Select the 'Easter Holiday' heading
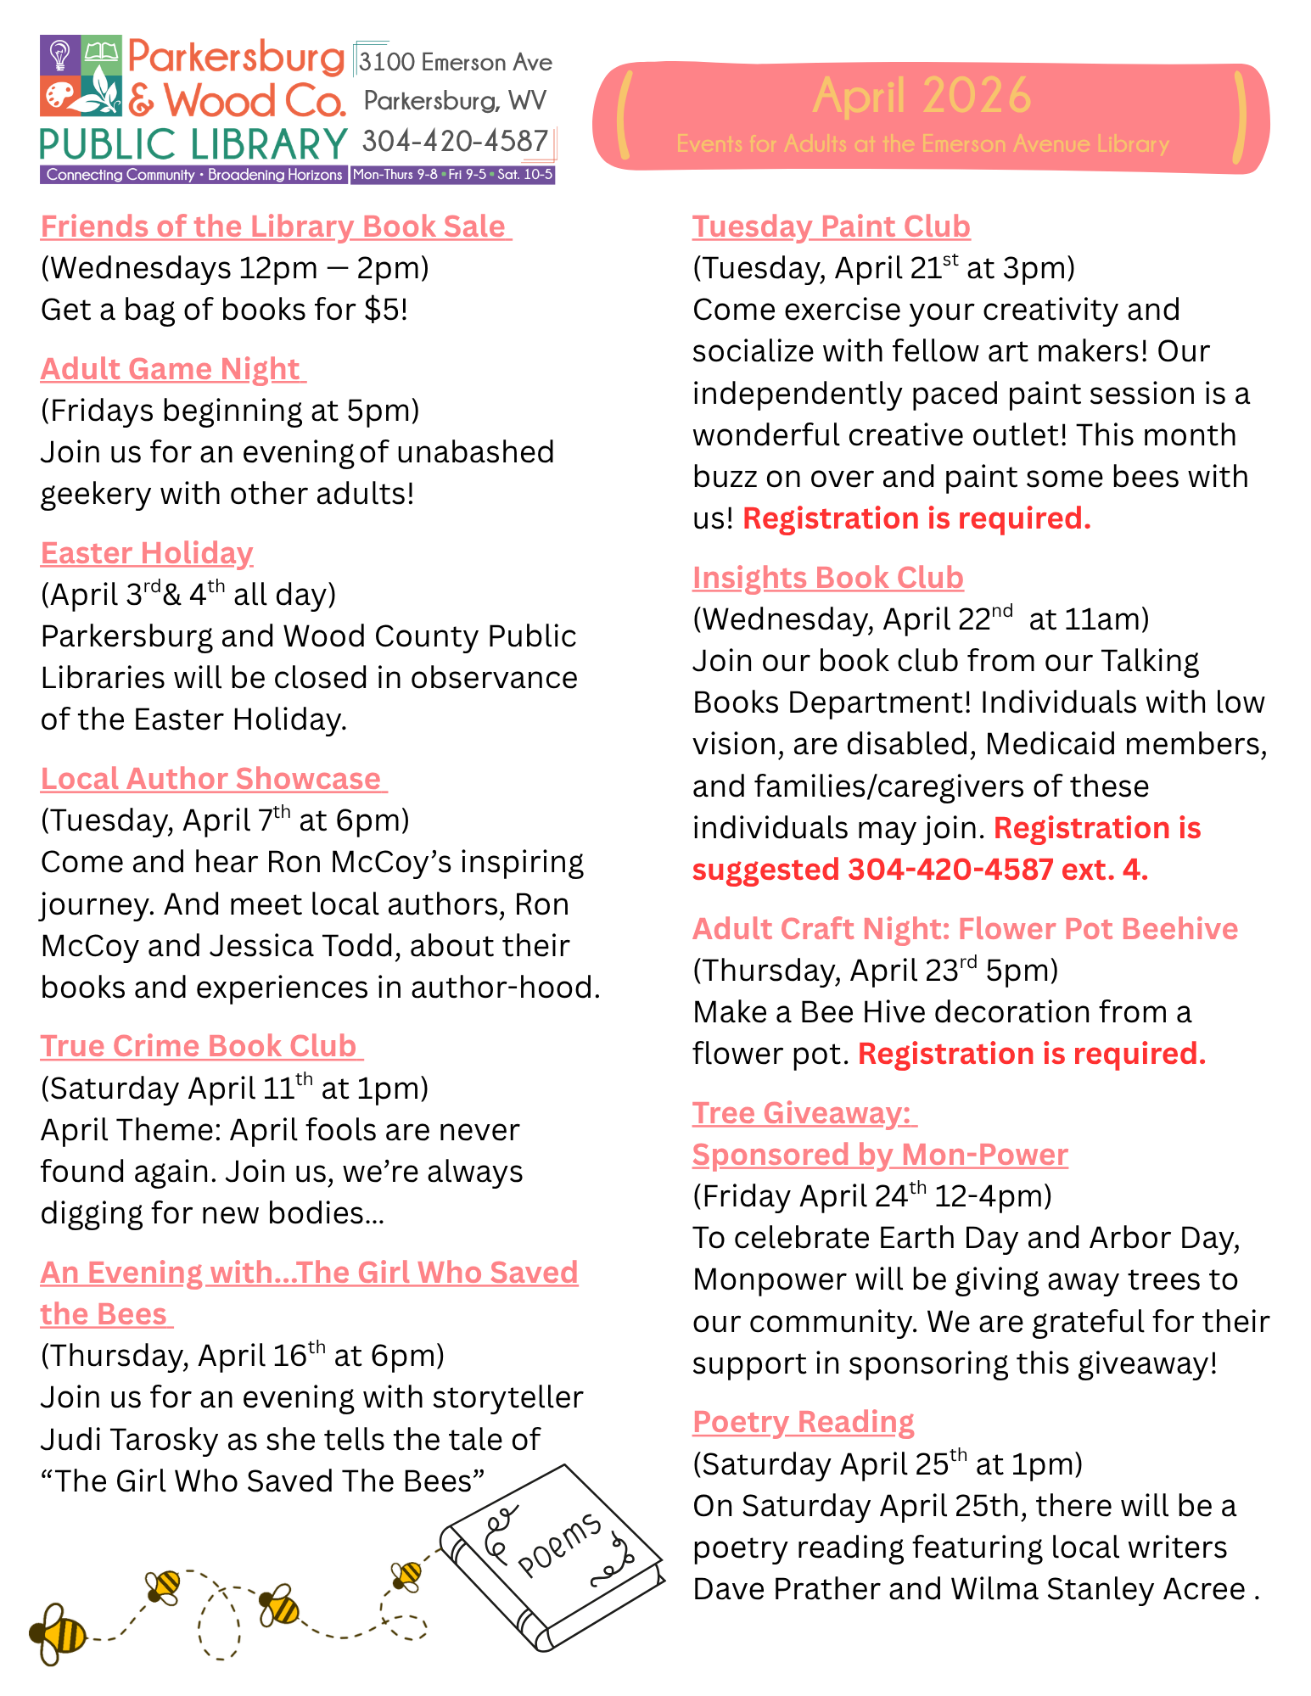pos(147,553)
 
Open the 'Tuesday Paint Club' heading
pos(831,227)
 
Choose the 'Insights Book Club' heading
pos(827,578)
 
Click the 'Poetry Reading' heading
pos(803,1421)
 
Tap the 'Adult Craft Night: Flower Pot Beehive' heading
pos(965,929)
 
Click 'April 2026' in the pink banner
pos(922,95)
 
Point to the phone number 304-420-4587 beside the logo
pos(455,141)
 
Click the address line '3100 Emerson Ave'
pos(455,62)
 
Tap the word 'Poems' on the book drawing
pos(559,1546)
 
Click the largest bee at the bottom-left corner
pos(57,1633)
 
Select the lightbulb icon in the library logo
pos(60,55)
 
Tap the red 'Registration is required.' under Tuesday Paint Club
pos(916,518)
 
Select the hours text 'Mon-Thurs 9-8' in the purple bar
pos(395,175)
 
